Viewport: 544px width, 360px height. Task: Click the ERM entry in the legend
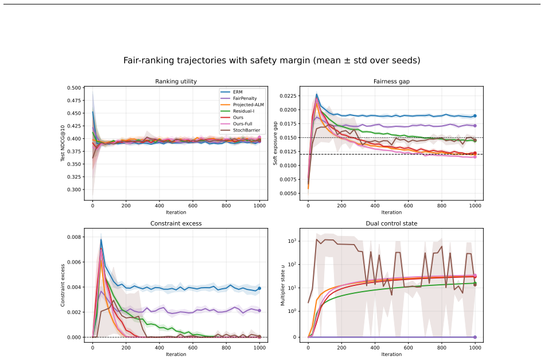pos(231,92)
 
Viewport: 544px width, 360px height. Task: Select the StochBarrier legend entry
pos(240,130)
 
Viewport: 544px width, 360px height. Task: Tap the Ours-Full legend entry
pos(236,124)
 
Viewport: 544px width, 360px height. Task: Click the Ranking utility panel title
pos(176,82)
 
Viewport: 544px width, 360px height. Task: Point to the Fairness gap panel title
pos(391,82)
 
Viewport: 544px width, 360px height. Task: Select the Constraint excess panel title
pos(176,223)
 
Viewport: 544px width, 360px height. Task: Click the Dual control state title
pos(391,223)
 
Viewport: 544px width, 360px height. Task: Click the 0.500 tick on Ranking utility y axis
pos(74,88)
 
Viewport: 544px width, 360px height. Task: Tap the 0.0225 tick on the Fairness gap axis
pos(288,96)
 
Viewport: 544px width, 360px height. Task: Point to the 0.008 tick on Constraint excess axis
pos(74,237)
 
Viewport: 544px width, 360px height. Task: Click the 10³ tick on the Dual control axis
pos(292,241)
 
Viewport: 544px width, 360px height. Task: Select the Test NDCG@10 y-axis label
pos(63,143)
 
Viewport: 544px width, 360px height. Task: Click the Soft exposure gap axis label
pos(275,143)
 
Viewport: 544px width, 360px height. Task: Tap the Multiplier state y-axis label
pos(282,285)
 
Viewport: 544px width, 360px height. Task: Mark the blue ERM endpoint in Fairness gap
pos(475,116)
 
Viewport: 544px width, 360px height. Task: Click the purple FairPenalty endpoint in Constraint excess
pos(259,311)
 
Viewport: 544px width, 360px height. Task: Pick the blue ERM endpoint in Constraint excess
pos(259,288)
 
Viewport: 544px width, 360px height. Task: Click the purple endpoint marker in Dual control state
pos(475,337)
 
